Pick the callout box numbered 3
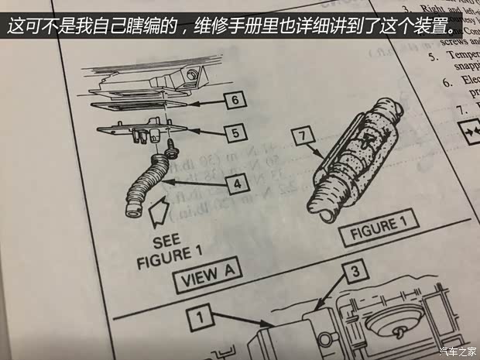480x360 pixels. [353, 272]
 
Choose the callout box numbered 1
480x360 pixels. [199, 316]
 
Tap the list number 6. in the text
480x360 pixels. [447, 81]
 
